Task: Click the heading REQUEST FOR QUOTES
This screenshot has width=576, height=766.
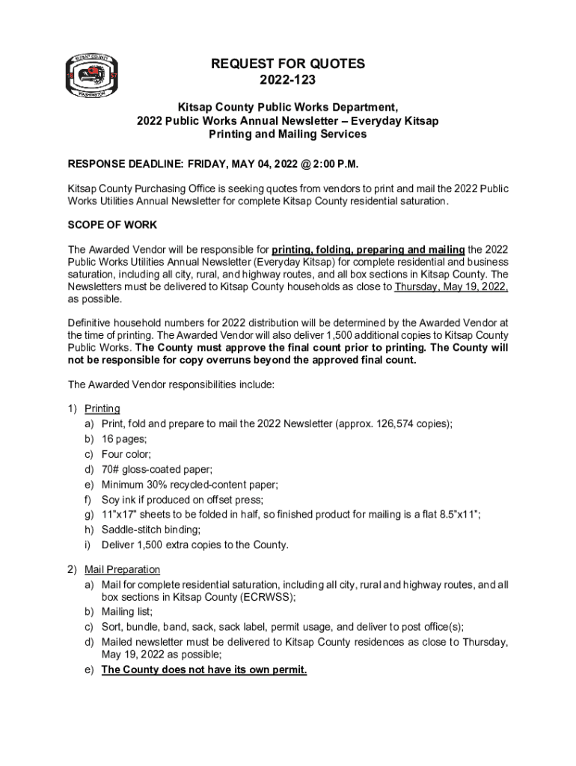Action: [x=287, y=64]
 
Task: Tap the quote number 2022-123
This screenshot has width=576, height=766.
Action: [x=287, y=80]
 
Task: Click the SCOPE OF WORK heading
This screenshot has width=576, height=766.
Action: [x=112, y=225]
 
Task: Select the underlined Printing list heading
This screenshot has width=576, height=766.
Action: [x=102, y=408]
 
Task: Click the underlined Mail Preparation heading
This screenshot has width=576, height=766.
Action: [x=122, y=570]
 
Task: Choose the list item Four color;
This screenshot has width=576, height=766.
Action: [x=126, y=454]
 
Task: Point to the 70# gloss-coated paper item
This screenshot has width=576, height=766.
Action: [x=157, y=469]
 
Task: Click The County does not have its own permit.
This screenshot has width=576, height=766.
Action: [x=203, y=670]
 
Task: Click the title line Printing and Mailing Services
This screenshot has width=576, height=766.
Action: [x=287, y=135]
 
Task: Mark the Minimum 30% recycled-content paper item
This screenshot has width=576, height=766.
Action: [x=190, y=484]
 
